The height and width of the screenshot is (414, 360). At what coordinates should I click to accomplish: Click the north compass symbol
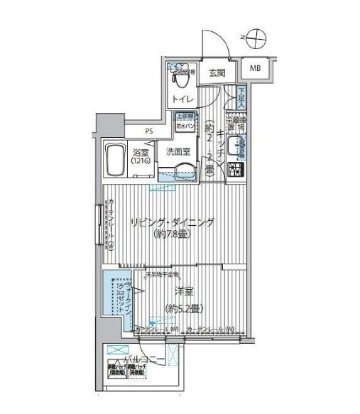pos(257,35)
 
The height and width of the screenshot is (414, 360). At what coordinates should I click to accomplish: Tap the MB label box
pos(254,68)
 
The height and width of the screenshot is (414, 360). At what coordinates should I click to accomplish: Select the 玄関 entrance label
pos(217,72)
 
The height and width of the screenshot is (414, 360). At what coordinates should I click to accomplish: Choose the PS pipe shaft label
pos(148,131)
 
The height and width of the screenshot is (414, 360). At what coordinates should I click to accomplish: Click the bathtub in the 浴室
pos(114,159)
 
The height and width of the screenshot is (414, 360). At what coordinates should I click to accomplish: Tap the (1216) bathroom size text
pos(138,163)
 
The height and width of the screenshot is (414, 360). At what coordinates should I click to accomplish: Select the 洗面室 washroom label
pos(178,151)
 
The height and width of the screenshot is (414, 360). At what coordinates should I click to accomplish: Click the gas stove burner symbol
pos(236,170)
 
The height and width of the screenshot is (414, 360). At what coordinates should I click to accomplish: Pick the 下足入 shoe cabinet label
pos(242,95)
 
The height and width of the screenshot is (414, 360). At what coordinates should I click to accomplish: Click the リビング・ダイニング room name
pos(172,223)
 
